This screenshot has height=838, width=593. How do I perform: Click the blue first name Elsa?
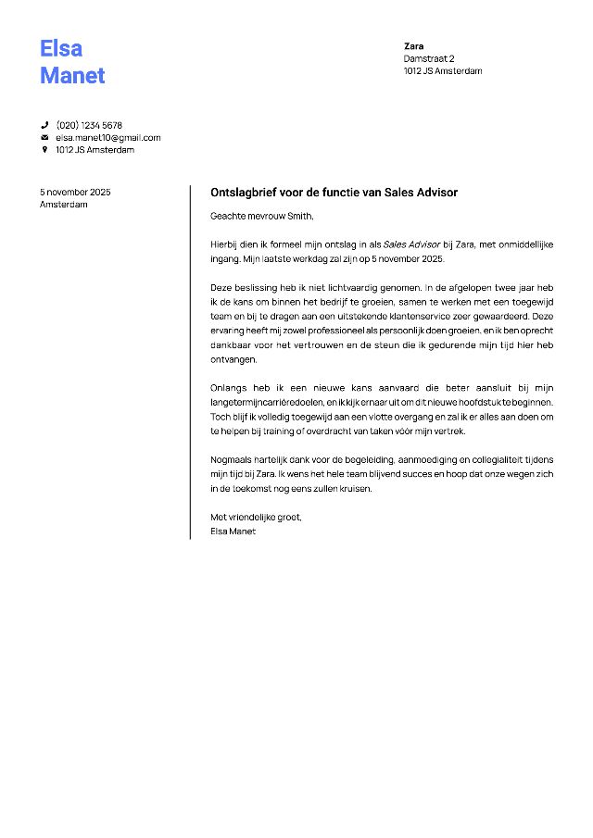click(61, 48)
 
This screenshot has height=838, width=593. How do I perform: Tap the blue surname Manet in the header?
click(72, 75)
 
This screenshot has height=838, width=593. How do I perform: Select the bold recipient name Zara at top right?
click(413, 45)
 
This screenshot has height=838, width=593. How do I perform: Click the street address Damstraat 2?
click(429, 58)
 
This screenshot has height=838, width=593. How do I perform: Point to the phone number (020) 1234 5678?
click(89, 125)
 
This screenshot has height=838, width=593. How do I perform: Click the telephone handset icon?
click(44, 125)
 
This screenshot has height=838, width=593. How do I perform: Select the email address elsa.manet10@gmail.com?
click(107, 137)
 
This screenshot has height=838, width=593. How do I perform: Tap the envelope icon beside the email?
click(44, 137)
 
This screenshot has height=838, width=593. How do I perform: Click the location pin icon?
click(44, 149)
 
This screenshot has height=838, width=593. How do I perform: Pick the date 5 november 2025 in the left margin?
click(75, 192)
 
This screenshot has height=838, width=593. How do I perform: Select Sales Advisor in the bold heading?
click(422, 193)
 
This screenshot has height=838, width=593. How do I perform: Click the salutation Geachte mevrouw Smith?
click(262, 217)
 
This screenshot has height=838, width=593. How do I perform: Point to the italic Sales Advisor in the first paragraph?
click(411, 244)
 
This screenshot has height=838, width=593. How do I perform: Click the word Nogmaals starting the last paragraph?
click(233, 460)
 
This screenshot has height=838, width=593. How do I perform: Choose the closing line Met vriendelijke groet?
click(256, 517)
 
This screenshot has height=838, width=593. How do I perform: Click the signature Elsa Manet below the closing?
click(233, 532)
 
